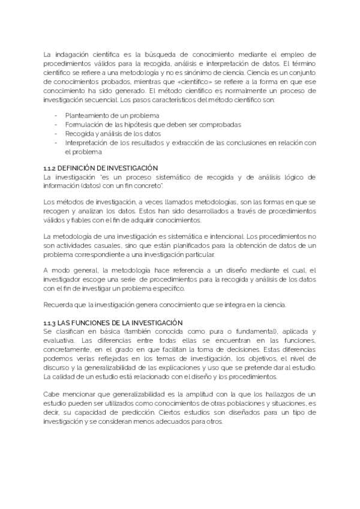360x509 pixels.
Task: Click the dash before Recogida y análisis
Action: click(x=56, y=134)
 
